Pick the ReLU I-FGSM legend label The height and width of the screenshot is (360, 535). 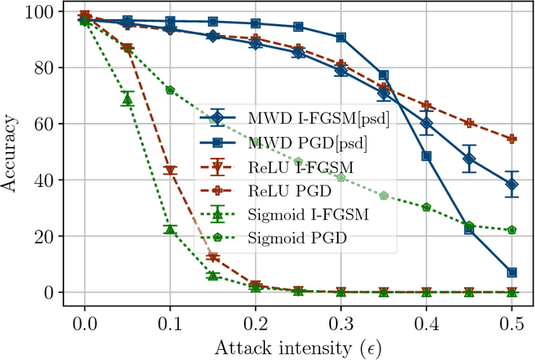289,168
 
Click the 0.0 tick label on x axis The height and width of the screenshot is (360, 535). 84,322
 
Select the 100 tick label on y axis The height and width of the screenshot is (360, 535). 40,12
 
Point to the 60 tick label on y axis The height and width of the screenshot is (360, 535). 45,124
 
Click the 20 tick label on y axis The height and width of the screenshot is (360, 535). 45,237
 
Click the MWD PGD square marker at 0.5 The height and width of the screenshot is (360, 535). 512,272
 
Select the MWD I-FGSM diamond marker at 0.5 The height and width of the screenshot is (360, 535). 512,185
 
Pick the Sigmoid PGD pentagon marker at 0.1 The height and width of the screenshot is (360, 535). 170,90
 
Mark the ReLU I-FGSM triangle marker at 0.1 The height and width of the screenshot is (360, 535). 170,171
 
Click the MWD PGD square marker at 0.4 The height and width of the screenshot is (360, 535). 426,156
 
